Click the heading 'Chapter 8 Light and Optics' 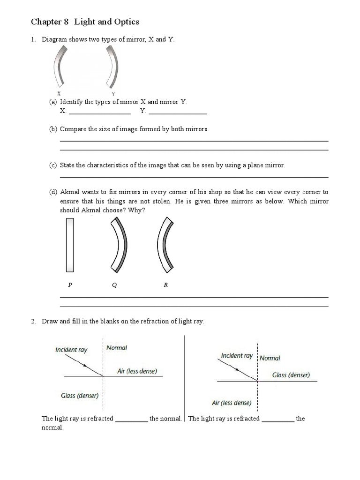pyautogui.click(x=85, y=22)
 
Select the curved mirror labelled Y pyautogui.click(x=112, y=67)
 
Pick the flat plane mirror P pyautogui.click(x=70, y=245)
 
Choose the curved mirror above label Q pyautogui.click(x=118, y=245)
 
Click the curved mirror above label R pyautogui.click(x=164, y=245)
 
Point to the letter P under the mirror pyautogui.click(x=69, y=285)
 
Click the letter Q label pyautogui.click(x=114, y=285)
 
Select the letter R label pyautogui.click(x=165, y=285)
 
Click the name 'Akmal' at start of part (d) pyautogui.click(x=69, y=192)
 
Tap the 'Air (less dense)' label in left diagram pyautogui.click(x=137, y=371)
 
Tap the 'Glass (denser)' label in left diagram pyautogui.click(x=80, y=396)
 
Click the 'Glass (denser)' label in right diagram pyautogui.click(x=291, y=375)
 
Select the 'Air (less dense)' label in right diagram pyautogui.click(x=232, y=403)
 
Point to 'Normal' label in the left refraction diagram pyautogui.click(x=117, y=348)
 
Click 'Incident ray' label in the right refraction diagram pyautogui.click(x=237, y=356)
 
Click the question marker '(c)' pyautogui.click(x=53, y=165)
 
